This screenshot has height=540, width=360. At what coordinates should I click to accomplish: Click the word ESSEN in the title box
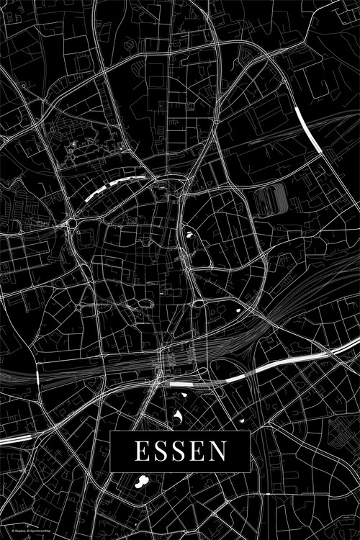(179, 451)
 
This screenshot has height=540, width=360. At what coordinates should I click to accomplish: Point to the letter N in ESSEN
(219, 451)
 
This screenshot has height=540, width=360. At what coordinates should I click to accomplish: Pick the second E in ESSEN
(198, 451)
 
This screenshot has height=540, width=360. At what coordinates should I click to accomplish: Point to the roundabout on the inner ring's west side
(73, 225)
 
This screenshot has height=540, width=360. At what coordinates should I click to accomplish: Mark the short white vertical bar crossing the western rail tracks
(37, 377)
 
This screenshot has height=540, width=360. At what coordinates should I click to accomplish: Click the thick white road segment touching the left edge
(14, 438)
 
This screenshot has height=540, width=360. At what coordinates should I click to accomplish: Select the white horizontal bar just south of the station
(182, 384)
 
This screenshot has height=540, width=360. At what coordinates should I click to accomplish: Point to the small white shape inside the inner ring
(190, 233)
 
